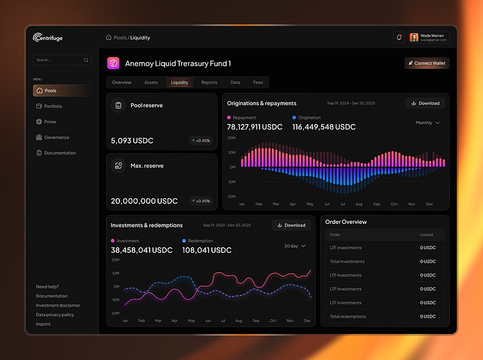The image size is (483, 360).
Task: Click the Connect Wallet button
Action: point(427,63)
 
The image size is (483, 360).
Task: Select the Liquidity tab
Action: point(179,82)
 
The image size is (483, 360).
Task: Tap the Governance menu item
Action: point(56,137)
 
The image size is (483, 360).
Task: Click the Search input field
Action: point(58,60)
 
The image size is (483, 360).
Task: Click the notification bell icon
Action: point(399,38)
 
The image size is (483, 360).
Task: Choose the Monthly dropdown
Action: point(427,123)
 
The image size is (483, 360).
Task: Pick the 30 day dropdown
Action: point(295,246)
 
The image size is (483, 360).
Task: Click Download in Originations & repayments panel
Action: point(425,103)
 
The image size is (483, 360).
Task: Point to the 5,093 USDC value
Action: point(132,141)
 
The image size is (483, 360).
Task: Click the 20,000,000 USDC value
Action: point(144,201)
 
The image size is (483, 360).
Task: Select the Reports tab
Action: point(209,82)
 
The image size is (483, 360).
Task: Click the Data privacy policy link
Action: point(55,314)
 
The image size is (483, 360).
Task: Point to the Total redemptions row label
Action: point(347,316)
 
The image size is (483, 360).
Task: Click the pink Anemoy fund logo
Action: point(113,63)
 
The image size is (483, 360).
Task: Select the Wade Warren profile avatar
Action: point(414,38)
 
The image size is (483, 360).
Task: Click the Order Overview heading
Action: point(346,222)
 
